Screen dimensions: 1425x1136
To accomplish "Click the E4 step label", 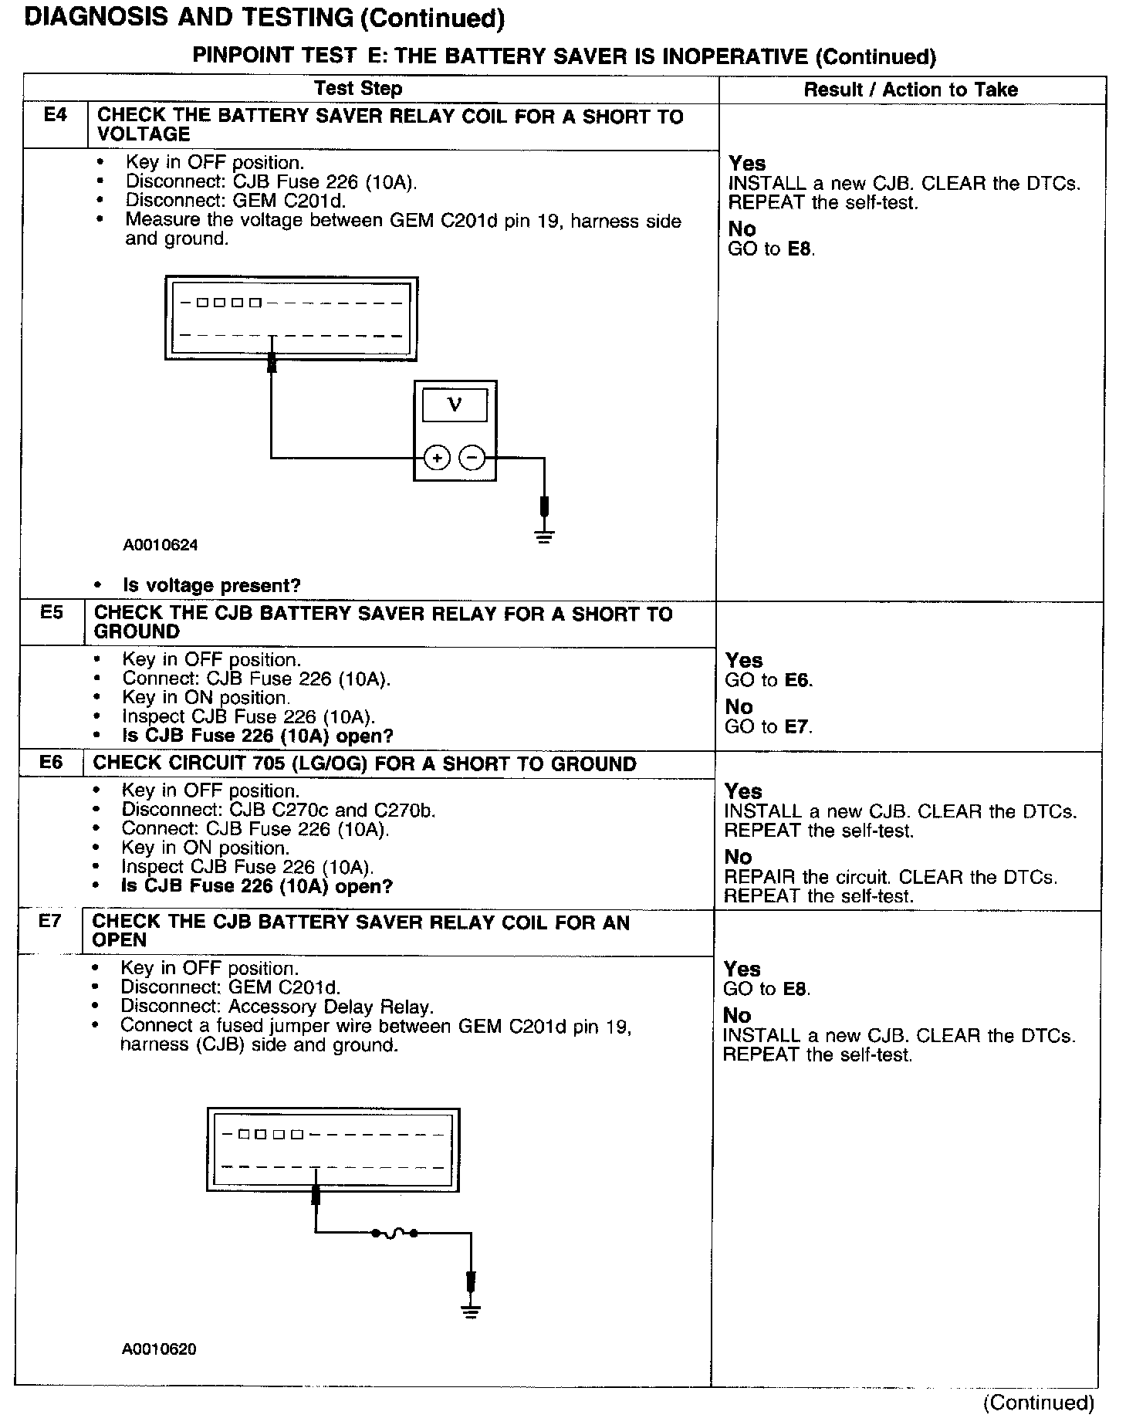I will pos(55,116).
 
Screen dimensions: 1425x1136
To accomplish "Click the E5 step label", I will pos(52,613).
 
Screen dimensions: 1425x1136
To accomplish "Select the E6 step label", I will pos(51,763).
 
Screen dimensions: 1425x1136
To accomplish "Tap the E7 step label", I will pos(49,921).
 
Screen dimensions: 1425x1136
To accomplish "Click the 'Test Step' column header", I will pos(358,89).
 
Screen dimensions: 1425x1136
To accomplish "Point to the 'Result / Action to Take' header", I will pos(911,90).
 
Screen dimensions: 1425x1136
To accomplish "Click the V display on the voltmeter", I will pos(455,404).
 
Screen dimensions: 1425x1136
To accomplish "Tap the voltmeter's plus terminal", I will pos(437,458).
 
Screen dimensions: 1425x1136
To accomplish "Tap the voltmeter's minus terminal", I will pos(472,458).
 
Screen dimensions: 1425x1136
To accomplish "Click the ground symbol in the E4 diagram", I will pos(544,536).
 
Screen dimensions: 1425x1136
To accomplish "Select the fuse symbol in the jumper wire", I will pos(394,1233).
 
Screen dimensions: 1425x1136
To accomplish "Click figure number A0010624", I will pos(161,545).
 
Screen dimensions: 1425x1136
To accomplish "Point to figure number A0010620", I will pos(158,1349).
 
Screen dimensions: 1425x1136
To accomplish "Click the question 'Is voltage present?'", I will pos(211,585).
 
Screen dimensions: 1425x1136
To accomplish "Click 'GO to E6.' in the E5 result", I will pos(769,680).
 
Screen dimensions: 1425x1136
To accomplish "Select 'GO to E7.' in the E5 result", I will pos(769,726).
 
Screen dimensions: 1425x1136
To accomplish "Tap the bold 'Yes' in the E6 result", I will pos(743,791).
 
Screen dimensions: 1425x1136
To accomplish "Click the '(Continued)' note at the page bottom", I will pos(1038,1402).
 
